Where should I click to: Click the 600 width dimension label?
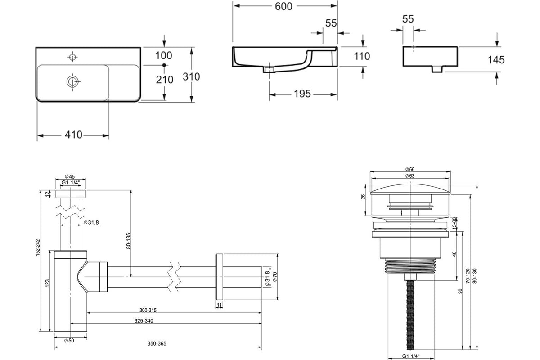click(x=283, y=6)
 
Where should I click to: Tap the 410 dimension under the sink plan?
click(x=73, y=135)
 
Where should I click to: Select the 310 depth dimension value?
click(x=191, y=76)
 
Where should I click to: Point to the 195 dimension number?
click(x=302, y=94)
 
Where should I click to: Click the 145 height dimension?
click(x=496, y=60)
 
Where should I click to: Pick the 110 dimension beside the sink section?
click(x=362, y=56)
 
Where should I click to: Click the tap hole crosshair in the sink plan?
click(x=72, y=57)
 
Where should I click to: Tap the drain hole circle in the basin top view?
click(x=72, y=81)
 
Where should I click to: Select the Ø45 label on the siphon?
click(x=70, y=176)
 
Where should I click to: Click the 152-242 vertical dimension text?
click(x=38, y=247)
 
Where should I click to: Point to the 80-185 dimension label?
click(x=128, y=241)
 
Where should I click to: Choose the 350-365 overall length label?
click(x=157, y=344)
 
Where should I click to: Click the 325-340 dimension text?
click(x=144, y=321)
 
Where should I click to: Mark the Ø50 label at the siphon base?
click(x=69, y=341)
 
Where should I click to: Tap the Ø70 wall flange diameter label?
click(x=275, y=277)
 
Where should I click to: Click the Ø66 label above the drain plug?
click(x=410, y=169)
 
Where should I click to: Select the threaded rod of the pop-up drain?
click(x=410, y=315)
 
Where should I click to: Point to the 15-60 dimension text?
click(x=454, y=223)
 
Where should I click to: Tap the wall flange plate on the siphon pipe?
click(x=219, y=277)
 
